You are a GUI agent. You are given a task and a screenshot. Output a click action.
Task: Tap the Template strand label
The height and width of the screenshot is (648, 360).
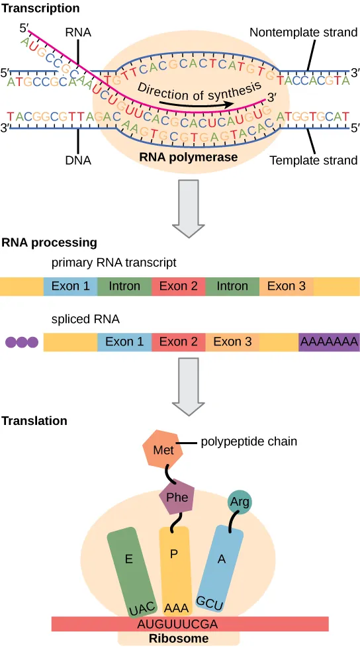point(314,160)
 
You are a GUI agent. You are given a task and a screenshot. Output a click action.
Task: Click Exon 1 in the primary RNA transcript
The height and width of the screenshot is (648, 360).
point(71,286)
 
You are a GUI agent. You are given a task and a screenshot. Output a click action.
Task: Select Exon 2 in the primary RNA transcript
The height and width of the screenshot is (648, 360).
point(179,286)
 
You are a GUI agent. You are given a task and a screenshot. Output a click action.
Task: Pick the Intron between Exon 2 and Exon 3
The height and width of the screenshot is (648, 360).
point(232,286)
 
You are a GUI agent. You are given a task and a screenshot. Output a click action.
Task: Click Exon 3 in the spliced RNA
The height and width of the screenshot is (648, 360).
point(232,342)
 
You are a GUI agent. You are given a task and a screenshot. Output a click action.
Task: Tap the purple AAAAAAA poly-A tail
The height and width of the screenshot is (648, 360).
point(329,342)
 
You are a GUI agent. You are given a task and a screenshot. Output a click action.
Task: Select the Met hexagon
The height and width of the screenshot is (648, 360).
point(163,450)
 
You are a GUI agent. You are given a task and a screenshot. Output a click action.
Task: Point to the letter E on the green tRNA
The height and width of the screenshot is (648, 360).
point(130,558)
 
